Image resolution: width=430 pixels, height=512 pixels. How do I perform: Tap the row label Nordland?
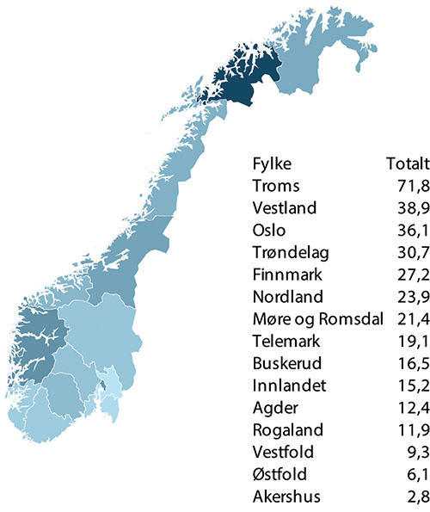click(x=287, y=298)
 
